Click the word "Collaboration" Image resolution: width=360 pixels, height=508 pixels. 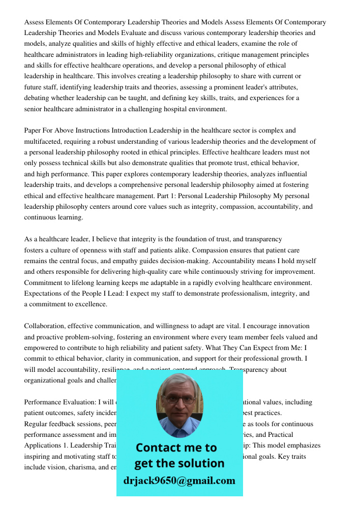44,326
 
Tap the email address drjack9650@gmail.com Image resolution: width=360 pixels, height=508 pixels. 179,481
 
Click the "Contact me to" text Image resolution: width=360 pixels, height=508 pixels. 176,448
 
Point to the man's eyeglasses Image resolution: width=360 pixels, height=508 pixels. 179,399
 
